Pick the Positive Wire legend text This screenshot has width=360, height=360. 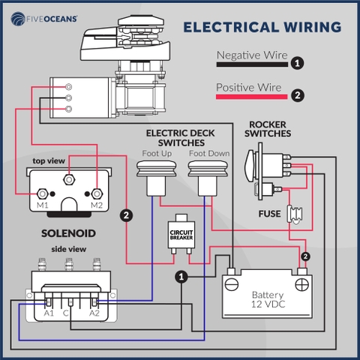(248, 87)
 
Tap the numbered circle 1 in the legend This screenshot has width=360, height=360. (298, 63)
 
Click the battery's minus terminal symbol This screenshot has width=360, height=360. (232, 284)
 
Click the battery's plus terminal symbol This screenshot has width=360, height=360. (302, 284)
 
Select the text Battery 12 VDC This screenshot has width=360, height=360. (268, 300)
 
